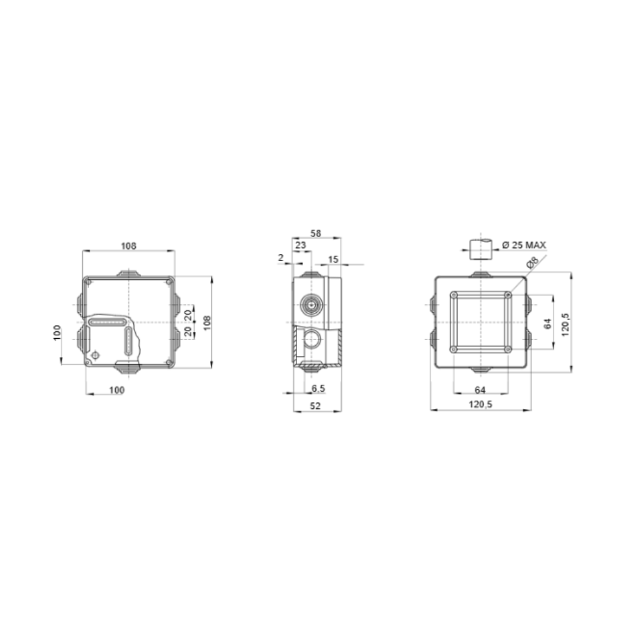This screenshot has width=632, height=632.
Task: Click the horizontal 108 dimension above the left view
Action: (128, 246)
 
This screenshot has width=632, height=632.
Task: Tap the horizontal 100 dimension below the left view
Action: (117, 390)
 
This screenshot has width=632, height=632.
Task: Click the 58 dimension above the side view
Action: (316, 233)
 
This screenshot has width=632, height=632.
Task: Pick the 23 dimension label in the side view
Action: (301, 245)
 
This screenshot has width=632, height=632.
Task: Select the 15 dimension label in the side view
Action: (334, 259)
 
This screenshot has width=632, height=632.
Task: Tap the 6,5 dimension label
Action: (319, 387)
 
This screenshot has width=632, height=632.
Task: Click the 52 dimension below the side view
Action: (317, 406)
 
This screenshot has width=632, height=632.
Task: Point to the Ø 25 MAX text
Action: (524, 245)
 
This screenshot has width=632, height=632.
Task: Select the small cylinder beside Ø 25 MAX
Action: (480, 248)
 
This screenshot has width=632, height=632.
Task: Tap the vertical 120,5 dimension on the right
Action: (566, 323)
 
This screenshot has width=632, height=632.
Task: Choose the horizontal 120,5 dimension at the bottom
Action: (480, 404)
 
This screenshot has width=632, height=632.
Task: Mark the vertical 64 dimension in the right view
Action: (547, 322)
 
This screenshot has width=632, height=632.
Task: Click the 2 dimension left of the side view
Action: (281, 257)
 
